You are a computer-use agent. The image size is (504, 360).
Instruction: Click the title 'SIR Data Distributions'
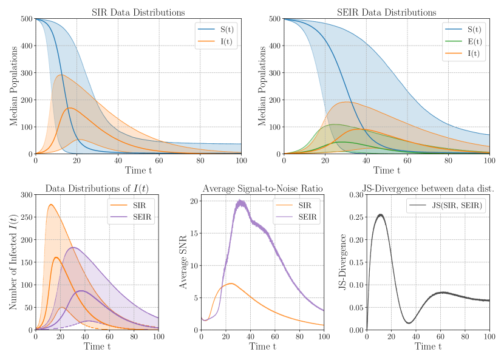[x=138, y=12]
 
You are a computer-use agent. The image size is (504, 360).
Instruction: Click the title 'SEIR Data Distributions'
[x=386, y=12]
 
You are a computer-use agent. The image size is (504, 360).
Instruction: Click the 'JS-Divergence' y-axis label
[x=344, y=262]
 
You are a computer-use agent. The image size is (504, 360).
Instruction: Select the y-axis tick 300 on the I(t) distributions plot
[x=27, y=194]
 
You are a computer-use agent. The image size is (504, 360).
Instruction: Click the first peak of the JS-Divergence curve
[x=380, y=214]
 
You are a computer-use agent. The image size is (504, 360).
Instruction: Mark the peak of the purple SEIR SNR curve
[x=241, y=201]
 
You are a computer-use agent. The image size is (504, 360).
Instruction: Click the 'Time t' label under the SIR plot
[x=138, y=171]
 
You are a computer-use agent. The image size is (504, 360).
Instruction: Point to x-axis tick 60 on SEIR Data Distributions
[x=407, y=160]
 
